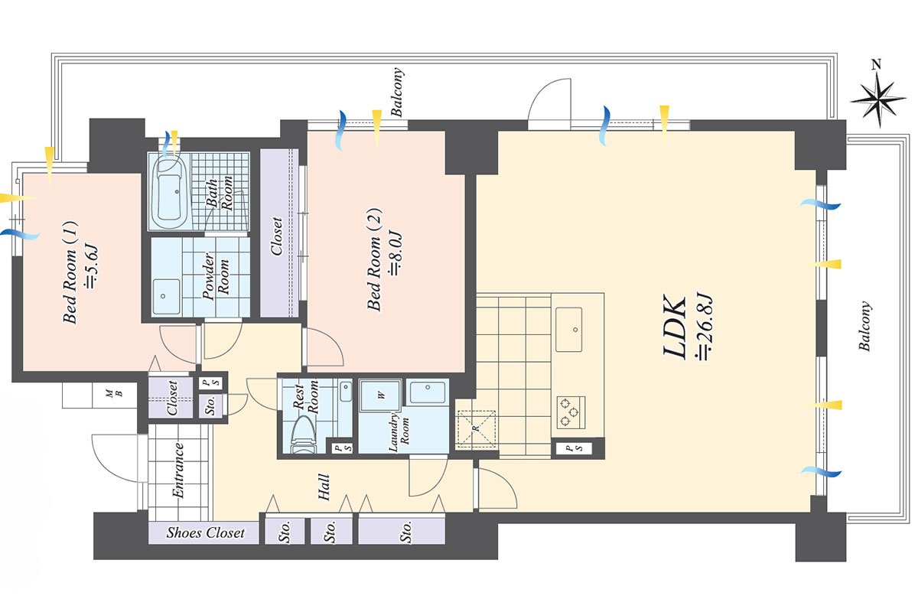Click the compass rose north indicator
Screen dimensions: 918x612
(x=877, y=99)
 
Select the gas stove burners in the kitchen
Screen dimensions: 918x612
(x=571, y=412)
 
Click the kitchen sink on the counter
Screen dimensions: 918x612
(x=569, y=329)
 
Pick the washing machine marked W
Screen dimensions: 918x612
(x=381, y=396)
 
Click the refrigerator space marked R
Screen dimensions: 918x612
(x=476, y=428)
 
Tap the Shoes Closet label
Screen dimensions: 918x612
(x=205, y=532)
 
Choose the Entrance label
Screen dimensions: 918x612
(x=177, y=470)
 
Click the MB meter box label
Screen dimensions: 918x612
(x=114, y=393)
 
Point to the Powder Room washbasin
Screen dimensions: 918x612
(x=166, y=296)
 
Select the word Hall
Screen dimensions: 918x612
(x=324, y=487)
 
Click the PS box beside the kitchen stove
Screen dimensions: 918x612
(x=575, y=448)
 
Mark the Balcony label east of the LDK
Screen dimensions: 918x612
(x=864, y=326)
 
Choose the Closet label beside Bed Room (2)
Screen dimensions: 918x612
(x=277, y=236)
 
